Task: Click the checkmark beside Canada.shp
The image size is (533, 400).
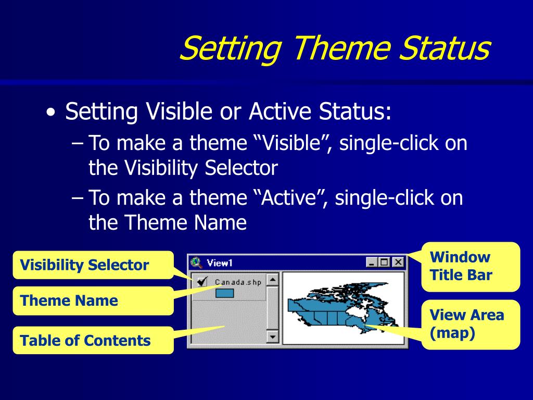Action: [202, 281]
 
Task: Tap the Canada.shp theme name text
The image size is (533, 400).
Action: [238, 282]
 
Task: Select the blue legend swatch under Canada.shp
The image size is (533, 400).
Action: [225, 293]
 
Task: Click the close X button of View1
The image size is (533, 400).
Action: [398, 262]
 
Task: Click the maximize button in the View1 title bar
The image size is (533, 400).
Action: [385, 262]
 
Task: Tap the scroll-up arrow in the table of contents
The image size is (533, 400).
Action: [272, 280]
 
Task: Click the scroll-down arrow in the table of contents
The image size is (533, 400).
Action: [272, 337]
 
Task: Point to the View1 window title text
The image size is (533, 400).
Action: [220, 263]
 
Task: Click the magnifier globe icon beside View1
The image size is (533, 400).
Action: [196, 262]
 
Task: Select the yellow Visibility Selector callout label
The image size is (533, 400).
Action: [93, 265]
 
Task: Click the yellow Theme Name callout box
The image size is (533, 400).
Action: [93, 301]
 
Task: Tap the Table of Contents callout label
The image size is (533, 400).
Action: [93, 340]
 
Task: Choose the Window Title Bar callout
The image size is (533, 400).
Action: [471, 267]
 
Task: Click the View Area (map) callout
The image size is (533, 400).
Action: [471, 324]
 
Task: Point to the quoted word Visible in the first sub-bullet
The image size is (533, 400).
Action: [292, 143]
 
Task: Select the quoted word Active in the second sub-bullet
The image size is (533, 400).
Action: [290, 197]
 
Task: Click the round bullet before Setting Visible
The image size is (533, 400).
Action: [51, 113]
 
